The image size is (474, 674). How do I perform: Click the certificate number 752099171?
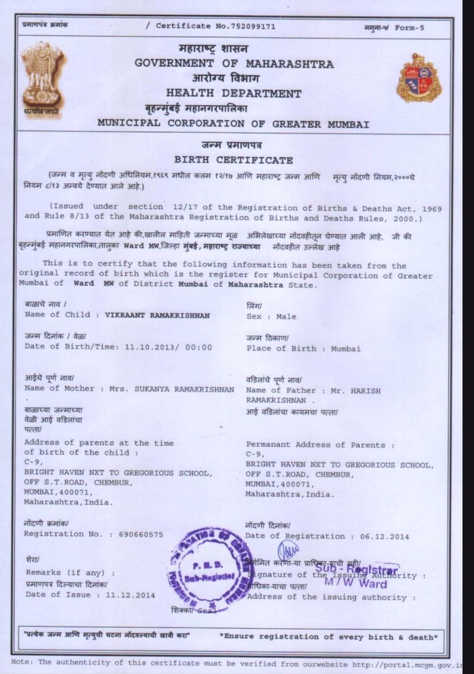tap(250, 26)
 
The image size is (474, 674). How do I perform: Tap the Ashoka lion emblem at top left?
tap(41, 76)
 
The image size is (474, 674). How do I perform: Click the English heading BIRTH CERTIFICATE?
tap(234, 160)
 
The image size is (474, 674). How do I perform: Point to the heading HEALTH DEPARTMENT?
tap(234, 93)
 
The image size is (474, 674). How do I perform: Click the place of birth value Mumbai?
tap(345, 349)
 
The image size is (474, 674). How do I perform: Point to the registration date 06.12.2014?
tap(385, 537)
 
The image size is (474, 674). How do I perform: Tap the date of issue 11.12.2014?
tap(130, 595)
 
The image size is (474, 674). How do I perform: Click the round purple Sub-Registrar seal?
tap(210, 568)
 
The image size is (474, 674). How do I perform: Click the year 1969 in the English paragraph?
tap(429, 207)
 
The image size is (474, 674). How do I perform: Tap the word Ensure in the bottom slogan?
tap(240, 637)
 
